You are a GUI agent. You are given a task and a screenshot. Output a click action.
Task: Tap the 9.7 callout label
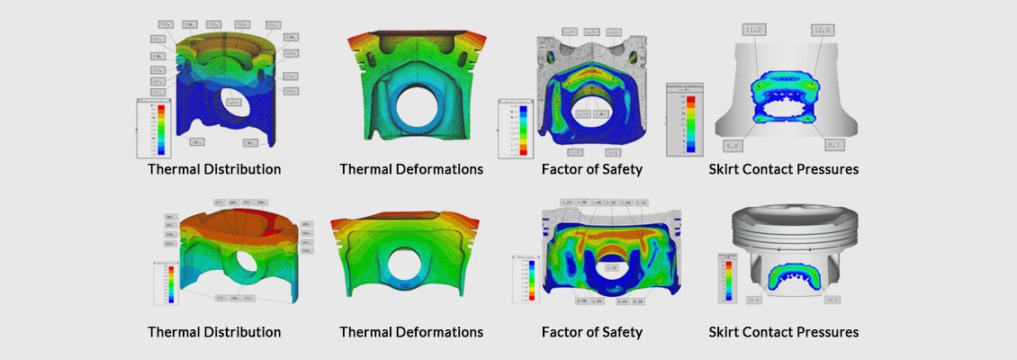(834, 145)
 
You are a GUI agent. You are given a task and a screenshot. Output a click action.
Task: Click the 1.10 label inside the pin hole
(612, 268)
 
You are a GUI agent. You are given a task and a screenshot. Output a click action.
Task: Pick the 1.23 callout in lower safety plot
(567, 202)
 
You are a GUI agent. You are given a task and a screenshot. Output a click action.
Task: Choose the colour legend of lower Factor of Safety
(526, 280)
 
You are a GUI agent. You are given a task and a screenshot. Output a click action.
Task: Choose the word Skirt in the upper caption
(725, 169)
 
